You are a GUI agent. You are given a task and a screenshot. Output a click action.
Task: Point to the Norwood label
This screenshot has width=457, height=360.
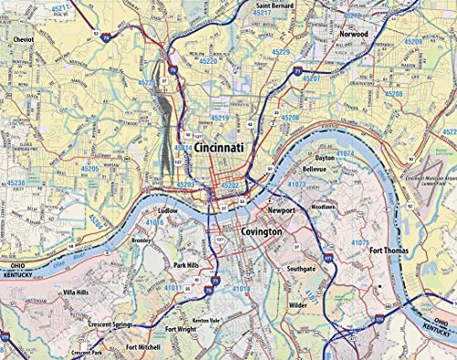(x=353, y=34)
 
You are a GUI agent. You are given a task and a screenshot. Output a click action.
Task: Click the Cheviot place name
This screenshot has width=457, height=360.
(x=24, y=41)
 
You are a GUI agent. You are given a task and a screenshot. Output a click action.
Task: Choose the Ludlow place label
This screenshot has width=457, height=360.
(x=167, y=209)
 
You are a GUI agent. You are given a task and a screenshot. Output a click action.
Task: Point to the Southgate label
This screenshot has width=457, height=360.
(x=300, y=270)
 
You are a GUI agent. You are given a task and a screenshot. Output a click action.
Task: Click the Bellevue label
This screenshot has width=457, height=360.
(x=314, y=169)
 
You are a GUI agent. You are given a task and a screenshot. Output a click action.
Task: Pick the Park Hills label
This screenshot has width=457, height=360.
(x=186, y=265)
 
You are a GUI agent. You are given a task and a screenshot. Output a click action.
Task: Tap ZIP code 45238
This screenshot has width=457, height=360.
(x=16, y=183)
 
